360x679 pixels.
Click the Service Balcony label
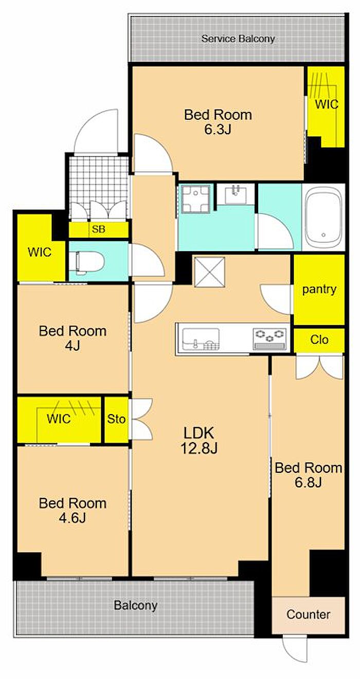238,39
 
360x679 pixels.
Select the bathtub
323,218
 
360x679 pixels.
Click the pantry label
319,289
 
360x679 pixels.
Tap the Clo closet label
319,339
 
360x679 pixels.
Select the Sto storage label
116,419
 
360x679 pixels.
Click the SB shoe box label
98,229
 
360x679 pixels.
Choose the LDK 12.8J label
199,440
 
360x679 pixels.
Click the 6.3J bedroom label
218,122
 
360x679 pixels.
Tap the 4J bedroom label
73,338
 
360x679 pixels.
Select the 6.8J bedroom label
308,475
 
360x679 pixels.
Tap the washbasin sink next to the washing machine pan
236,194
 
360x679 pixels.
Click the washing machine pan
196,199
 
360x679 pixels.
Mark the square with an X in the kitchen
209,272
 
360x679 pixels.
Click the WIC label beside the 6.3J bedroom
327,104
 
